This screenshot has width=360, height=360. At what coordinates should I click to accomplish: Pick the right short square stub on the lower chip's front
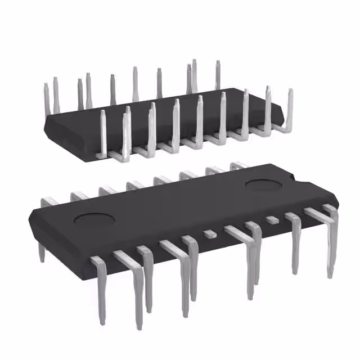(272, 219)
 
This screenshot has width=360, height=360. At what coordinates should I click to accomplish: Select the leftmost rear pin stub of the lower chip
(50, 201)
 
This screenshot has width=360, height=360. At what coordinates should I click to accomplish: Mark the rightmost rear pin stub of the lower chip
(238, 165)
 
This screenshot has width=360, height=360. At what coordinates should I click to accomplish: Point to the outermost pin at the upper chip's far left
(47, 98)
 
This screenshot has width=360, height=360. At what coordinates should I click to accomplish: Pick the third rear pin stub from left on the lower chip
(106, 191)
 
